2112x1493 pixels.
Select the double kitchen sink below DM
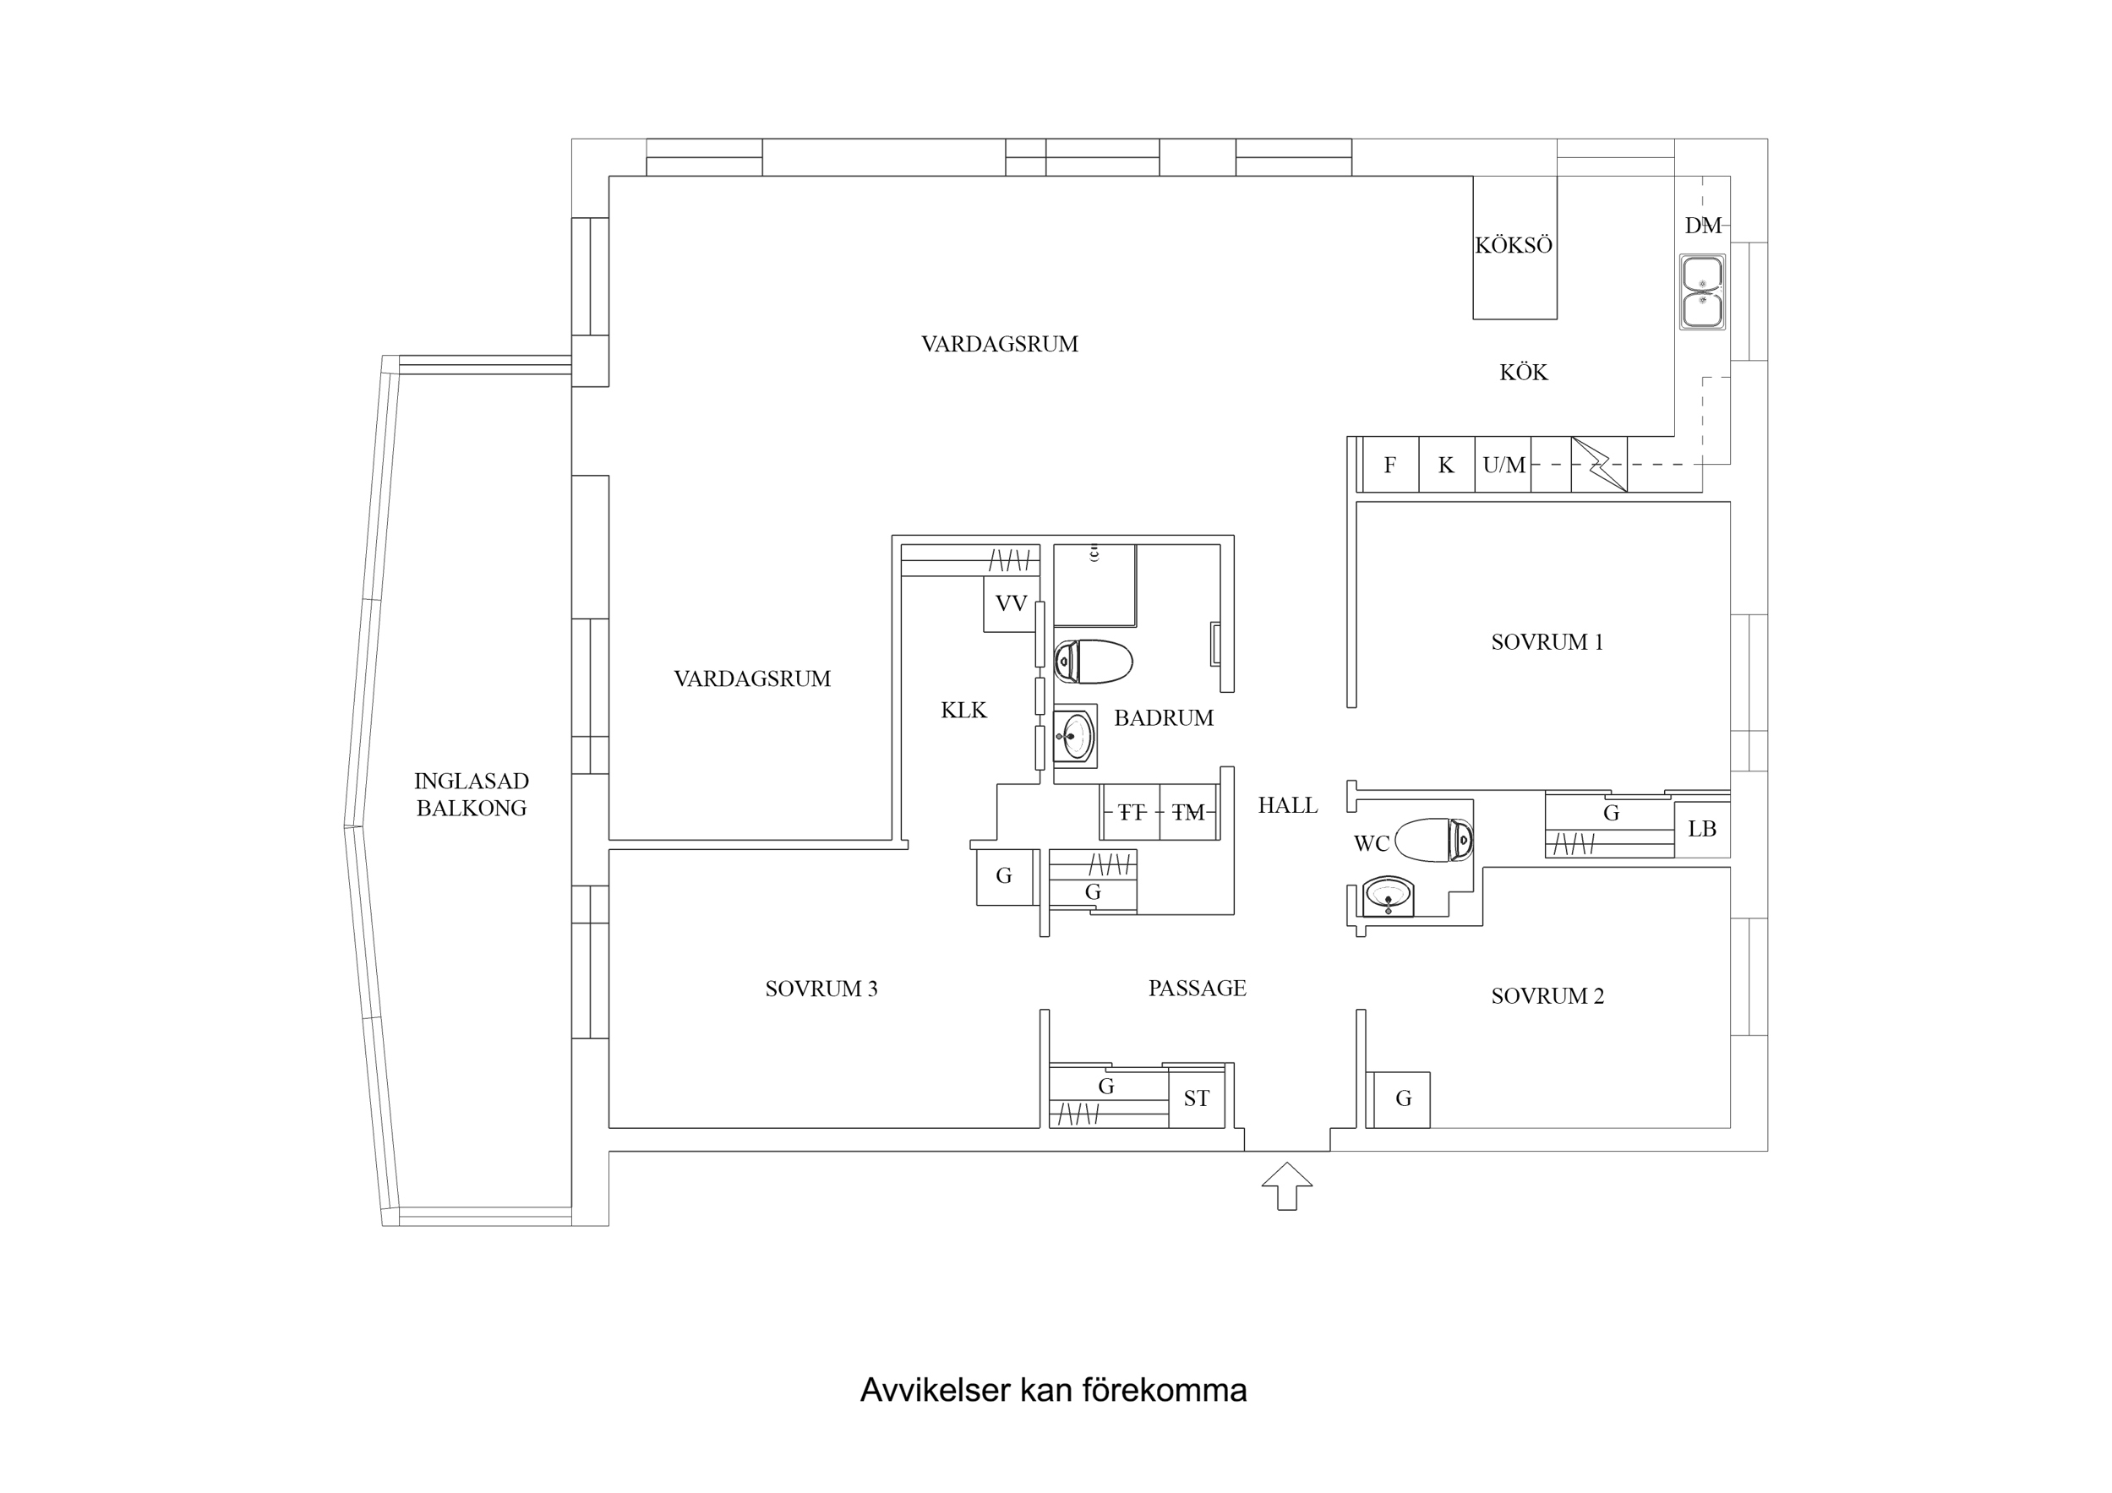(x=1702, y=292)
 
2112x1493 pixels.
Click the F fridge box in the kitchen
(x=1390, y=466)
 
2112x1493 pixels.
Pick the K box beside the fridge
(x=1446, y=466)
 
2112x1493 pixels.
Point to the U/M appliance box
(x=1504, y=466)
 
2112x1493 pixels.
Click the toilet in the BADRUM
(x=1093, y=662)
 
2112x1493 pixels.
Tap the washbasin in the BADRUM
(x=1074, y=735)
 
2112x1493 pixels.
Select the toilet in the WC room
(x=1434, y=840)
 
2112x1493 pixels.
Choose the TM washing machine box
(x=1188, y=812)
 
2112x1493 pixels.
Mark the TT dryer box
(x=1132, y=812)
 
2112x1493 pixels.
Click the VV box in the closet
(x=1011, y=603)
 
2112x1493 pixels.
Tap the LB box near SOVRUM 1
(x=1702, y=830)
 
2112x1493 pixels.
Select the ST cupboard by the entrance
(x=1196, y=1098)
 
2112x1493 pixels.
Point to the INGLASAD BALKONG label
(x=471, y=795)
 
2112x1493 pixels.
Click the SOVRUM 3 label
(x=821, y=989)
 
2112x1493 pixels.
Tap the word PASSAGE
(x=1197, y=988)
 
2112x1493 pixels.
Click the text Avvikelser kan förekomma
(x=1053, y=1390)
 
